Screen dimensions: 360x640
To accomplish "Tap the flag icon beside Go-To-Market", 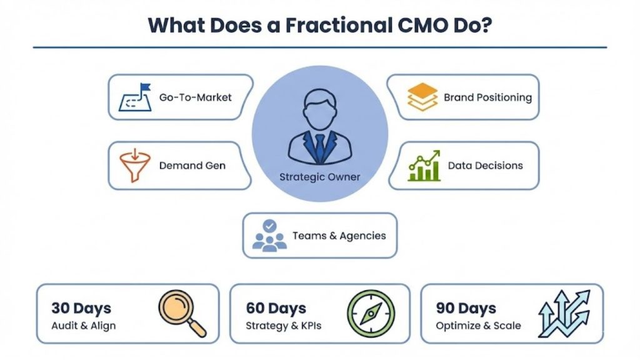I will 136,97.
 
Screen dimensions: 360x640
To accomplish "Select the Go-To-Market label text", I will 196,97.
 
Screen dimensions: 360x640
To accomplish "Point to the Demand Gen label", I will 192,166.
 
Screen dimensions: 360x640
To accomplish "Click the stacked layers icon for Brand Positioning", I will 422,97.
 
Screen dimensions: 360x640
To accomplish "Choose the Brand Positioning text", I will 487,97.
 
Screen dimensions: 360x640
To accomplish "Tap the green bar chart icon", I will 424,166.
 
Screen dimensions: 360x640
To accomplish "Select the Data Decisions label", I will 485,166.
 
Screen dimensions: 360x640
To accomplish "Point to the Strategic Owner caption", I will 320,177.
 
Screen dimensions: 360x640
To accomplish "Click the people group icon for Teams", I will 269,236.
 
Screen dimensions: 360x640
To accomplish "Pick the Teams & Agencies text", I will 339,236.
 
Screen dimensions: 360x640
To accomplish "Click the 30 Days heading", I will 81,308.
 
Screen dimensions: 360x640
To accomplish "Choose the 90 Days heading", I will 466,308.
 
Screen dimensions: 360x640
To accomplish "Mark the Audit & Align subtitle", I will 84,326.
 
